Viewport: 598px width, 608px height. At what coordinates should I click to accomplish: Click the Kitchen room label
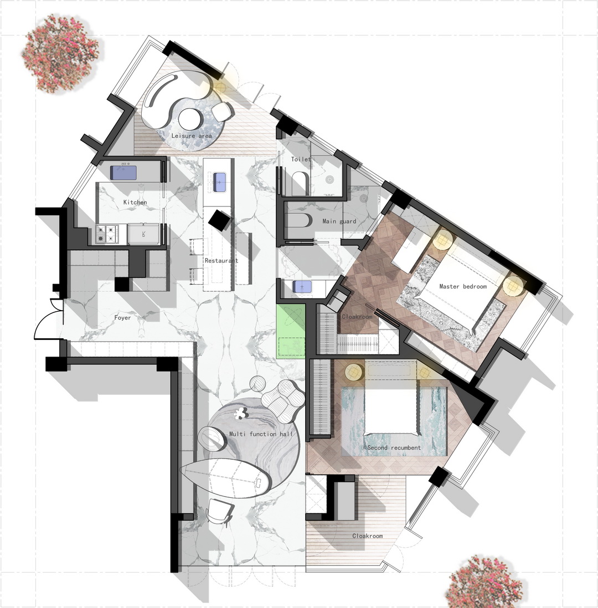[135, 202]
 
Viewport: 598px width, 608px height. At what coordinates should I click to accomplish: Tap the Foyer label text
[122, 318]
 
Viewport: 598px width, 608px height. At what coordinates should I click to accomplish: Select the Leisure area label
[192, 136]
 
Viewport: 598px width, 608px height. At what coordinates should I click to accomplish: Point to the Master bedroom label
[463, 286]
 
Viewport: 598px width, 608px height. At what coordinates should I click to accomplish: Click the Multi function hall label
[261, 434]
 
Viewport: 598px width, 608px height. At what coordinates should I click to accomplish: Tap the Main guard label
[339, 221]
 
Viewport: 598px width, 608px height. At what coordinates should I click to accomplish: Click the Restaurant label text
[221, 261]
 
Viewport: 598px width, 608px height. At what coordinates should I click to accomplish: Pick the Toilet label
[301, 159]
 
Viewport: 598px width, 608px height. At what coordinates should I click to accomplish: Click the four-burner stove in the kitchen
[106, 234]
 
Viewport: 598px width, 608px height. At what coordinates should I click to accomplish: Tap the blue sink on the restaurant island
[219, 182]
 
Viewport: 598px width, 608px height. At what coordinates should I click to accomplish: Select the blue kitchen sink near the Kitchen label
[123, 173]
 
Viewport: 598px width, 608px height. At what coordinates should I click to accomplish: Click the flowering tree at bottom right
[484, 581]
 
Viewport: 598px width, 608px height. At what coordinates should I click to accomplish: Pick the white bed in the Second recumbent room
[391, 411]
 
